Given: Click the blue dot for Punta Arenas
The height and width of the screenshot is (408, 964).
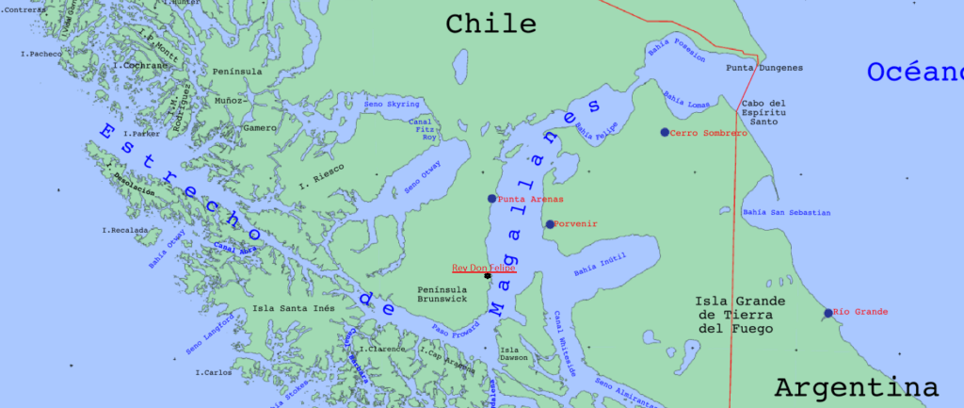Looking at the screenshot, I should point(491,199).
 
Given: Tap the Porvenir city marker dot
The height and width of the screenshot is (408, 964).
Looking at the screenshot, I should point(550,224).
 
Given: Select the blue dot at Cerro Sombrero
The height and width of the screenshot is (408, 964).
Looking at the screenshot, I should point(665,133).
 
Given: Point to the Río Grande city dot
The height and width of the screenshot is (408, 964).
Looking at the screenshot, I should point(827,313).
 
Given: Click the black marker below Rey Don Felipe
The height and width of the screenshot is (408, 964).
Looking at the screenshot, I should point(487,276).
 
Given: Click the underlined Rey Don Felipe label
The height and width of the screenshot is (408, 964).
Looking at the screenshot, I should point(484,268).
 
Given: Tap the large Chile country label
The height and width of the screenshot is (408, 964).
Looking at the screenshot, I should point(490,24).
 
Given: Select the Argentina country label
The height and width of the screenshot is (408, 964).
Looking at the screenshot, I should point(856,387).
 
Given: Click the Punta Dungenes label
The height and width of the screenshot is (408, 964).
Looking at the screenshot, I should point(764,68).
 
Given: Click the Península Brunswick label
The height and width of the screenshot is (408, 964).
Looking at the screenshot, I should point(441,293).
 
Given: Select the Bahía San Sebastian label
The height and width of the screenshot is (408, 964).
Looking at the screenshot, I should point(786,213).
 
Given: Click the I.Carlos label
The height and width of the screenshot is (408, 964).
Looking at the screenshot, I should point(214,372).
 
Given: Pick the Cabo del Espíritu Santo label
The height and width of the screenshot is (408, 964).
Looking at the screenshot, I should point(763,112).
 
